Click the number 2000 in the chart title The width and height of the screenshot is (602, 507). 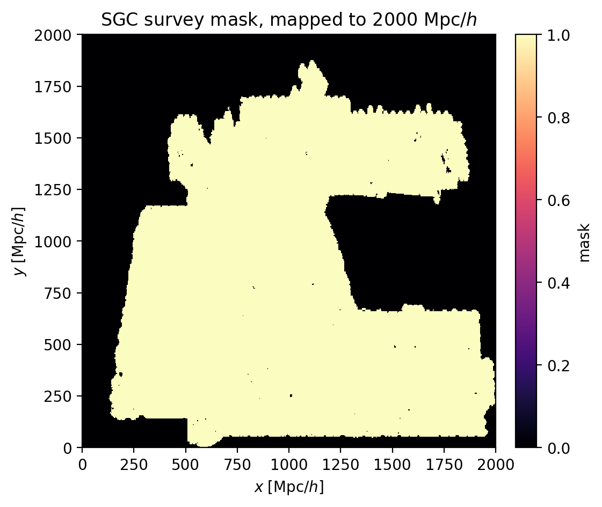pos(395,20)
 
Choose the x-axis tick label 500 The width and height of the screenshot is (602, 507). pos(185,465)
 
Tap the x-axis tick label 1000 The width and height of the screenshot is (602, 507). pos(289,465)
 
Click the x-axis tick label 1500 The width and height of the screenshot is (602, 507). pos(393,465)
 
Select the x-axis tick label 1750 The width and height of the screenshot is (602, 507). pos(444,465)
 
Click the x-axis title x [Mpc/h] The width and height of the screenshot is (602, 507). pos(289,487)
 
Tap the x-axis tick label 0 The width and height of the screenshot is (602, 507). pos(82,465)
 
